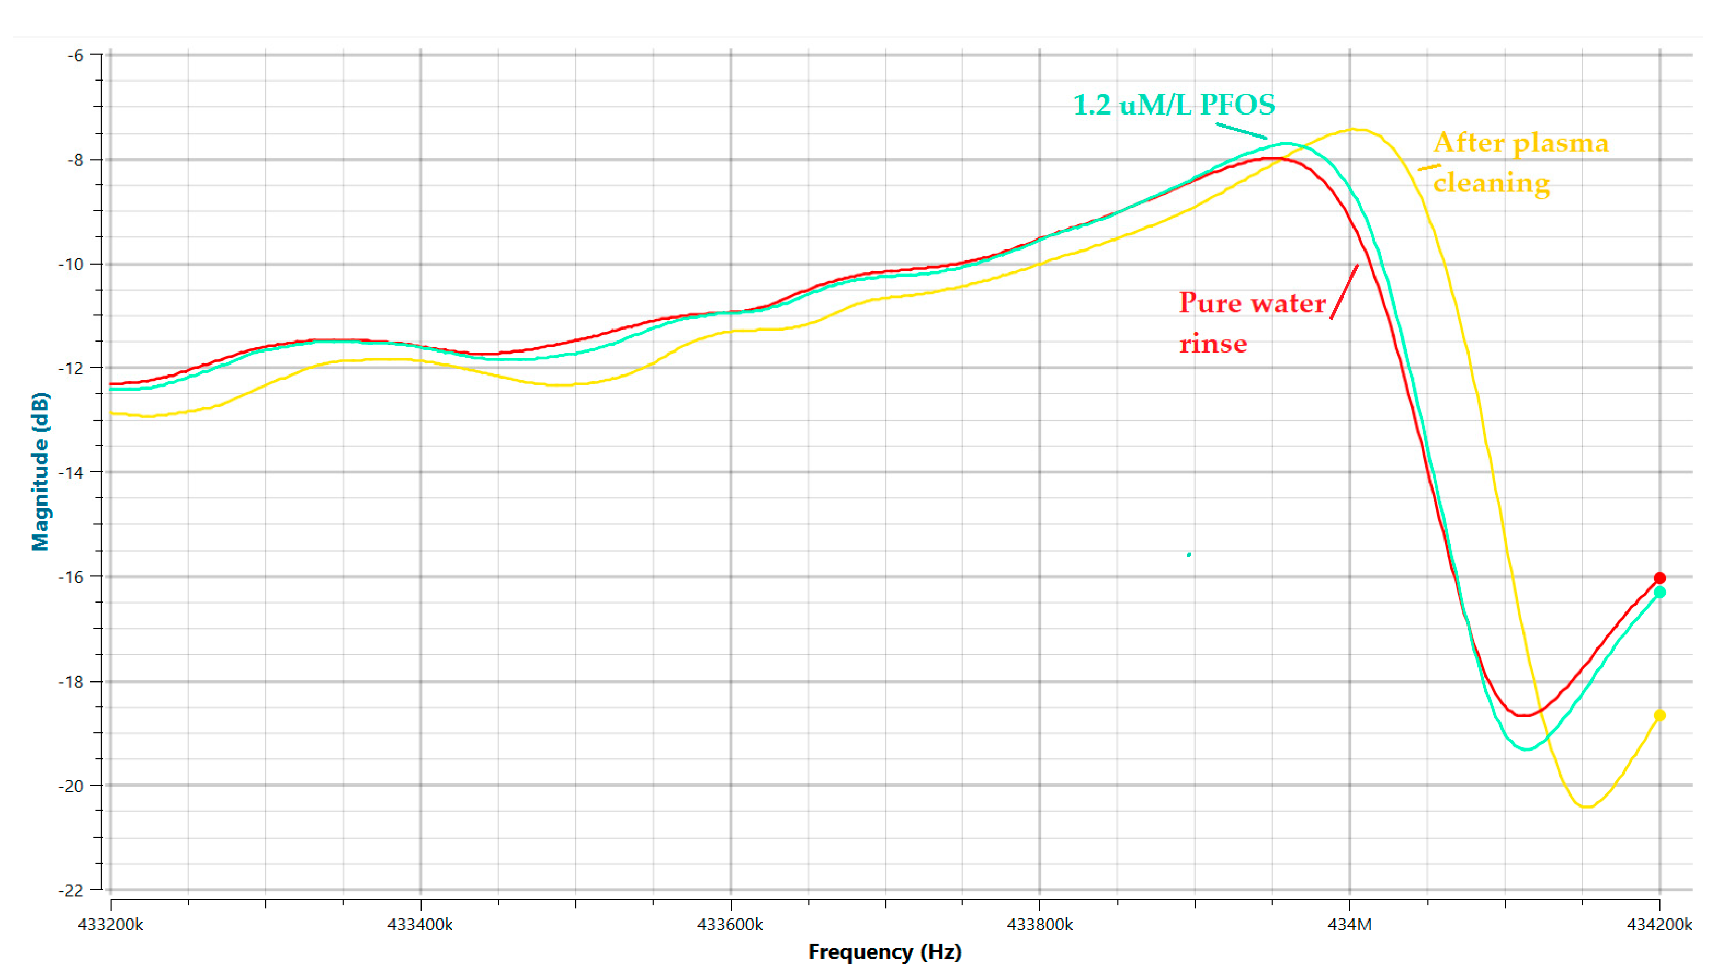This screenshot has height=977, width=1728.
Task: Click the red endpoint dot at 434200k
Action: [x=1659, y=578]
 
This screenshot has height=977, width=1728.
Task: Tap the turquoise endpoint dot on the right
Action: [x=1659, y=593]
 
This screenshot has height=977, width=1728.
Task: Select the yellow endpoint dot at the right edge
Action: [x=1659, y=715]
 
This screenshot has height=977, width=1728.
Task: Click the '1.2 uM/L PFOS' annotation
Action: [x=1174, y=105]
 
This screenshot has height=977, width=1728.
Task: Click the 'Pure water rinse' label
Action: [x=1252, y=323]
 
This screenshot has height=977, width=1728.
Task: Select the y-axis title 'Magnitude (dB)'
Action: [x=40, y=471]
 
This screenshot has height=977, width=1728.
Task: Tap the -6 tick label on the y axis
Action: [x=75, y=55]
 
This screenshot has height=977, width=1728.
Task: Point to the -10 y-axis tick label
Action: [x=71, y=264]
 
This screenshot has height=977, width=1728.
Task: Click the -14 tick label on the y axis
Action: [x=71, y=472]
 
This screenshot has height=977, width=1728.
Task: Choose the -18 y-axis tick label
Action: [x=71, y=681]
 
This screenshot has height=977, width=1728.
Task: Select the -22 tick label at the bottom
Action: [x=71, y=890]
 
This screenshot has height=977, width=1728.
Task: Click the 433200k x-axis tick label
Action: [x=111, y=925]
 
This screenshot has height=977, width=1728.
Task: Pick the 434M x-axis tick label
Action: [x=1350, y=925]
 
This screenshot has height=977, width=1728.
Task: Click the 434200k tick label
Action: [x=1659, y=925]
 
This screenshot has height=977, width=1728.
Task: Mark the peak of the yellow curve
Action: [x=1354, y=129]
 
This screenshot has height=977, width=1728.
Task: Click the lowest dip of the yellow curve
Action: [x=1586, y=806]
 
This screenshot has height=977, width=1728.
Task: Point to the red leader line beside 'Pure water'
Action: [x=1344, y=291]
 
